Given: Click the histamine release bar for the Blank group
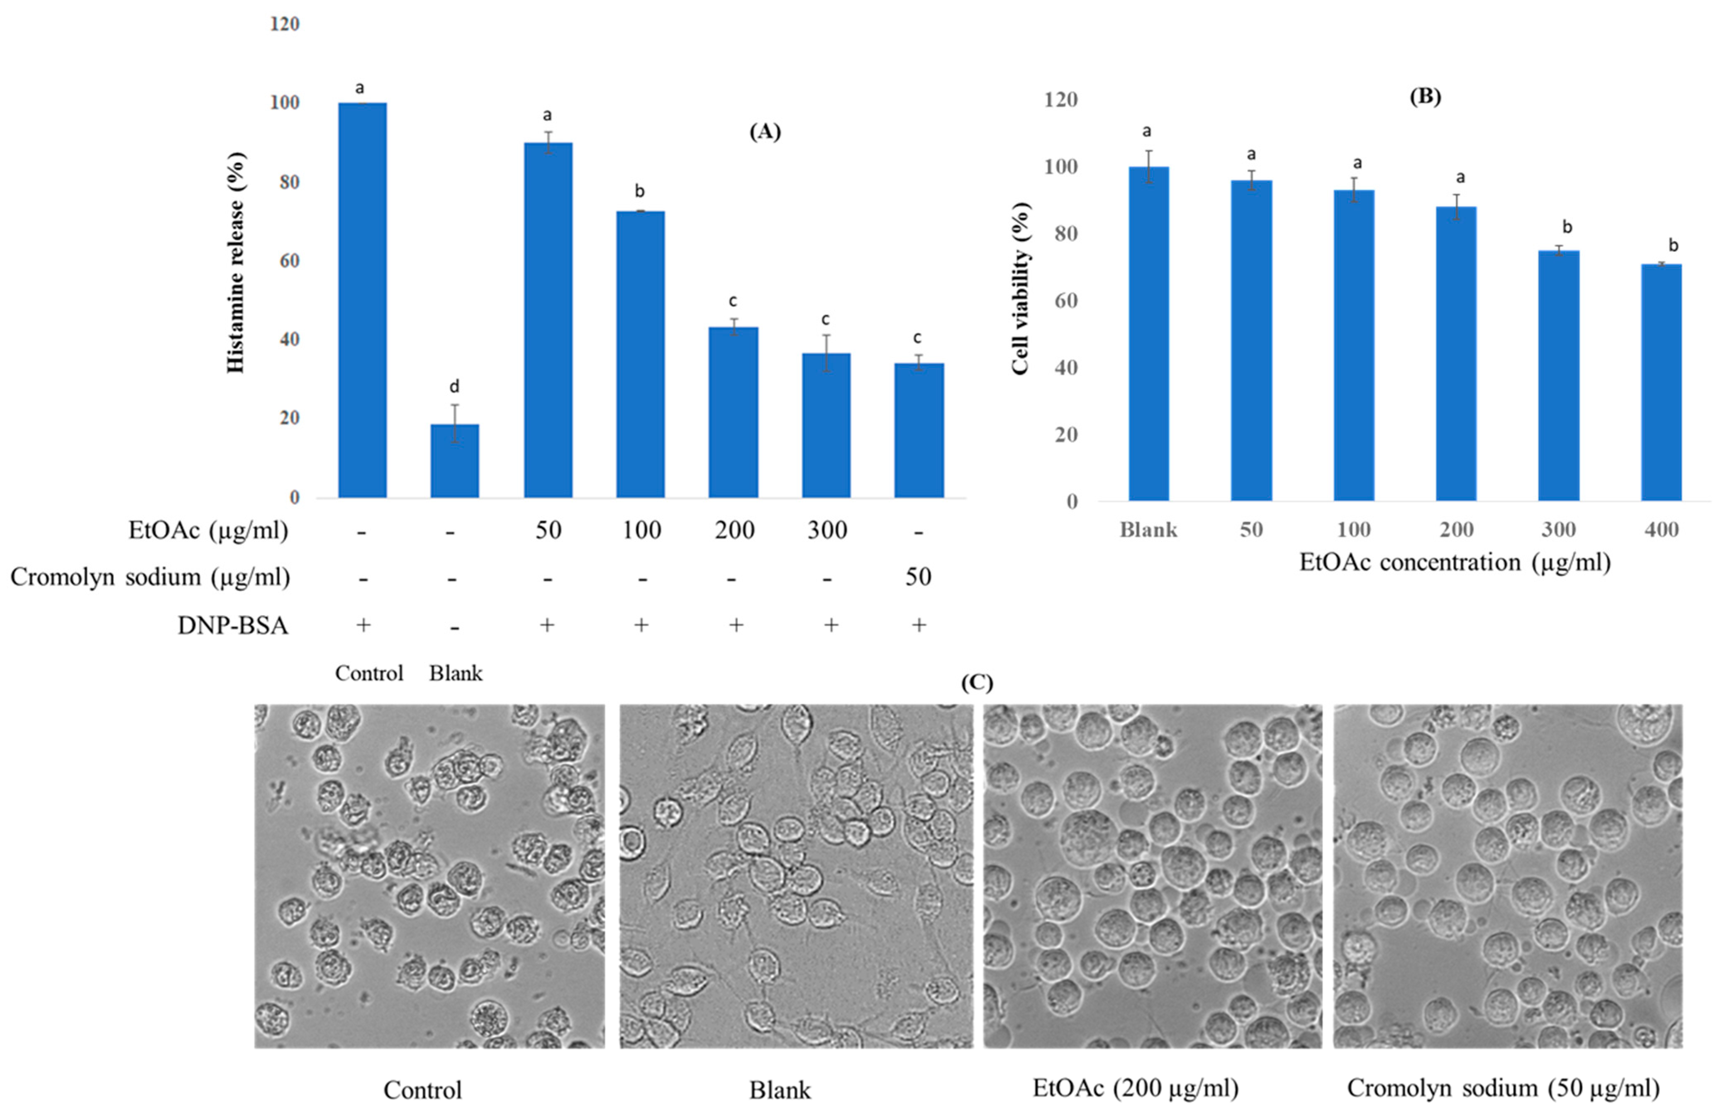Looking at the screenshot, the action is pyautogui.click(x=455, y=461).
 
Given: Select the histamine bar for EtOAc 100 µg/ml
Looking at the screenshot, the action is pyautogui.click(x=641, y=354).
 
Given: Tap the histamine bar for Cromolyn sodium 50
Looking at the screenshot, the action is pyautogui.click(x=919, y=431).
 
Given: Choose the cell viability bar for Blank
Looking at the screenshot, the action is pyautogui.click(x=1148, y=334).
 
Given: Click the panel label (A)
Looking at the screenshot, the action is pyautogui.click(x=765, y=131).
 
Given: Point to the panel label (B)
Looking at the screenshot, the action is pyautogui.click(x=1425, y=97).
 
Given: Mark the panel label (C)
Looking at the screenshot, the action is pyautogui.click(x=977, y=683).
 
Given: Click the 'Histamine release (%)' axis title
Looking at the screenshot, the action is pyautogui.click(x=236, y=262).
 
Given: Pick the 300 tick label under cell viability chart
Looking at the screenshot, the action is pyautogui.click(x=1558, y=530).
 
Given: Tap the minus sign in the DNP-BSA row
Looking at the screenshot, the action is pyautogui.click(x=455, y=627).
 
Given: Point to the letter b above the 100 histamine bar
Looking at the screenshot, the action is pyautogui.click(x=640, y=191).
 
